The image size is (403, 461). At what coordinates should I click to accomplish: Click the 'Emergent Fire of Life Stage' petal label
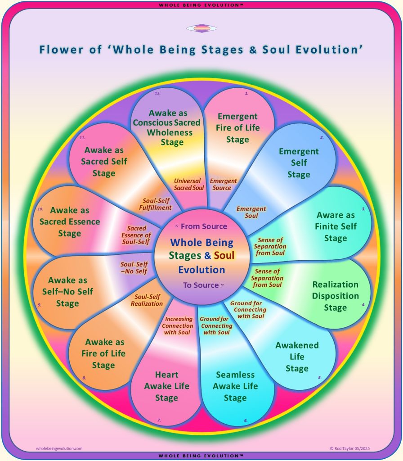pyautogui.click(x=237, y=128)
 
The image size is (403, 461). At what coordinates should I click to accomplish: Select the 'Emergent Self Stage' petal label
pyautogui.click(x=299, y=163)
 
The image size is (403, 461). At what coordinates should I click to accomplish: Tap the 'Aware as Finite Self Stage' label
pyautogui.click(x=336, y=226)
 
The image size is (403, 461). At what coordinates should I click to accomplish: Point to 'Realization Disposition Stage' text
pyautogui.click(x=336, y=296)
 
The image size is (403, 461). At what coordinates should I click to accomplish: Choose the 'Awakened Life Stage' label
pyautogui.click(x=297, y=357)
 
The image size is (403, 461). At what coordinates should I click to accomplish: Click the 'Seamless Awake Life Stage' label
pyautogui.click(x=235, y=386)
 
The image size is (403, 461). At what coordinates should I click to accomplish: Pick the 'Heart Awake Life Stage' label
pyautogui.click(x=166, y=386)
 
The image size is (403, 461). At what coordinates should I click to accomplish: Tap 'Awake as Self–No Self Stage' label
pyautogui.click(x=67, y=292)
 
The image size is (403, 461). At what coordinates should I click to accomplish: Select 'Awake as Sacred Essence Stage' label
pyautogui.click(x=70, y=221)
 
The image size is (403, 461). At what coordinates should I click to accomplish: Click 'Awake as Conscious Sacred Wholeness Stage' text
pyautogui.click(x=166, y=127)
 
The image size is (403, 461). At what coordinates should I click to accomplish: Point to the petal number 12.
pyautogui.click(x=158, y=93)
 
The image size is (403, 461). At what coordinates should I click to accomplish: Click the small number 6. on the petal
pyautogui.click(x=246, y=420)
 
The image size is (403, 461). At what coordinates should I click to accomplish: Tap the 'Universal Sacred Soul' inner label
pyautogui.click(x=188, y=184)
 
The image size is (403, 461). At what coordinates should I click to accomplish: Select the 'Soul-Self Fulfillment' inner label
pyautogui.click(x=155, y=204)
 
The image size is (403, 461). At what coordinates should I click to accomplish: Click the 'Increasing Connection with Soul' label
pyautogui.click(x=177, y=325)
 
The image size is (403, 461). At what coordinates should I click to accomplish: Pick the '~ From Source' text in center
pyautogui.click(x=201, y=226)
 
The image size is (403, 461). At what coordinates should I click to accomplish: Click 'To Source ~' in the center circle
pyautogui.click(x=204, y=285)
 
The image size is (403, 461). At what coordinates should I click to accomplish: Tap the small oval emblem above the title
pyautogui.click(x=202, y=28)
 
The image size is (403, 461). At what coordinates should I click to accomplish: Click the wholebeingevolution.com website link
pyautogui.click(x=59, y=448)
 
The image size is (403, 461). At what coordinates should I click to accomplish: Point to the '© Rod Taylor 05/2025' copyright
pyautogui.click(x=349, y=448)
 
